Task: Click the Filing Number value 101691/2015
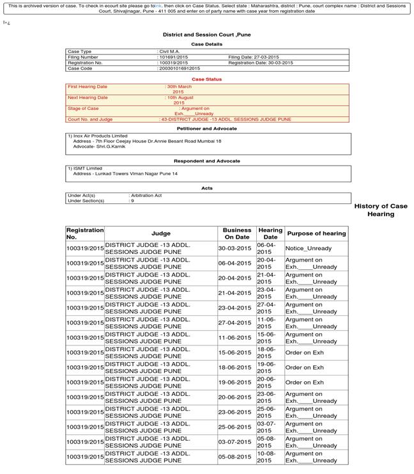tap(174, 57)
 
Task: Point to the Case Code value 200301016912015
tap(180, 68)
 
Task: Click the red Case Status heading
tap(206, 79)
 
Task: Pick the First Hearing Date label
tap(88, 86)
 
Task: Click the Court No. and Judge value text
tap(226, 120)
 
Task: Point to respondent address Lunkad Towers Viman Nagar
tap(125, 174)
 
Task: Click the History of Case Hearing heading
tap(381, 210)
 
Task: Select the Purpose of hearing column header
tap(316, 233)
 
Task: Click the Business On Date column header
tap(236, 233)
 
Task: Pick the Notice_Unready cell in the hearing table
tap(309, 248)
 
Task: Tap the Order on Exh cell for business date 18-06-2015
tap(305, 368)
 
